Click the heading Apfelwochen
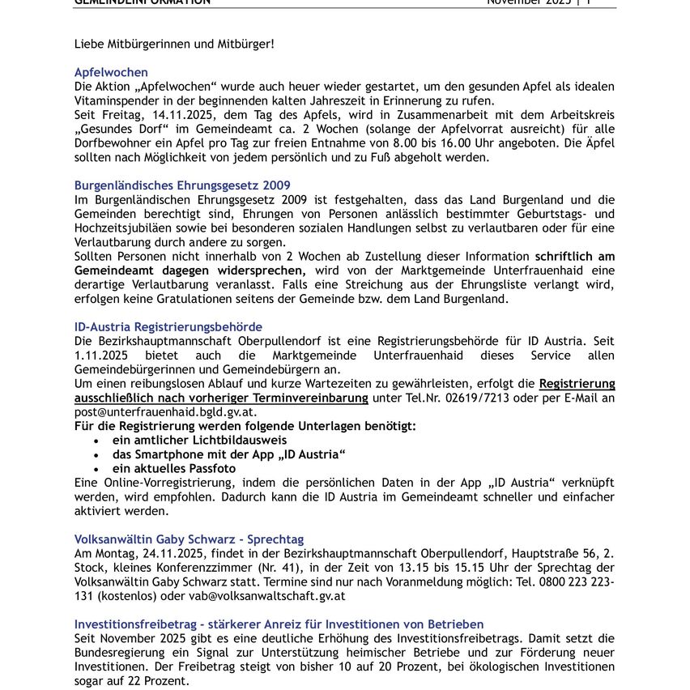click(111, 72)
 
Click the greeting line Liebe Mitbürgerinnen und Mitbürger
click(174, 43)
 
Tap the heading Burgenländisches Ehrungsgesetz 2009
click(182, 185)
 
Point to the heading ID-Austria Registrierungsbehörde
click(168, 327)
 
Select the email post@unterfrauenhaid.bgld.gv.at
click(165, 412)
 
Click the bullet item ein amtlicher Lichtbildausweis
click(199, 441)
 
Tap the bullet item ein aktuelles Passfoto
click(174, 469)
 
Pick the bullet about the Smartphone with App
click(229, 454)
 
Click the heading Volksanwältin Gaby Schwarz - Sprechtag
click(190, 539)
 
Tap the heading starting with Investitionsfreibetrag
click(279, 624)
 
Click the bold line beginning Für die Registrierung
click(245, 426)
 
